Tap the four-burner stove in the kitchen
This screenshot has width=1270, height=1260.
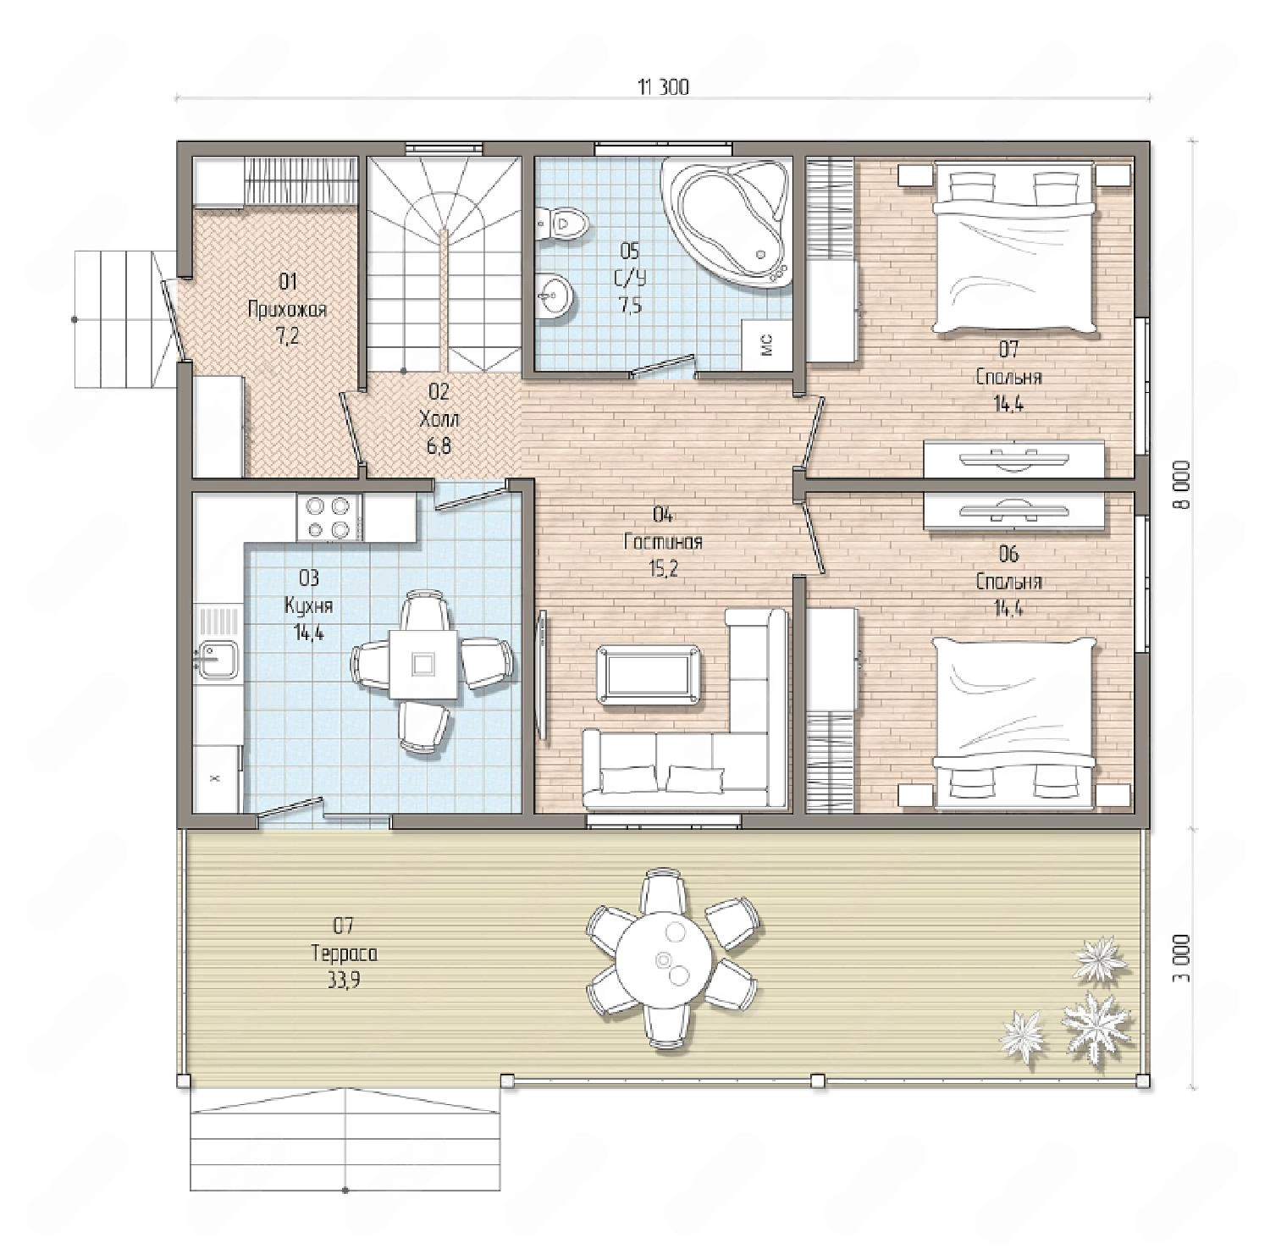(x=329, y=517)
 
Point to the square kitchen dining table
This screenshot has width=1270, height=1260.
(x=423, y=663)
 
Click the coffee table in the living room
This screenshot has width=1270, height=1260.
(x=648, y=674)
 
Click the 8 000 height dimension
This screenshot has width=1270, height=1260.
(x=1182, y=484)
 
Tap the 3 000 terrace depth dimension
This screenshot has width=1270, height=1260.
(x=1182, y=958)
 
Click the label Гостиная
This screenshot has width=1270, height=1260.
(x=663, y=542)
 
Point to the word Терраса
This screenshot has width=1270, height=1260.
(x=344, y=953)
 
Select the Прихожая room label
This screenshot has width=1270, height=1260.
(x=287, y=310)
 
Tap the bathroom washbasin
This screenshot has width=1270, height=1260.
(x=555, y=295)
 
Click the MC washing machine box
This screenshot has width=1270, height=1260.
(x=767, y=345)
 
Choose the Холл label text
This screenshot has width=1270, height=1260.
(x=439, y=418)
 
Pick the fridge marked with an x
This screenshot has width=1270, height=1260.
(x=218, y=778)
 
